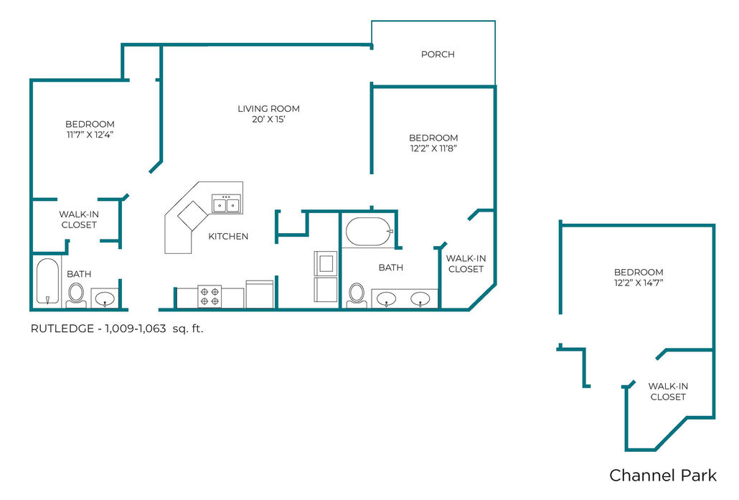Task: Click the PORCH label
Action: [x=438, y=55]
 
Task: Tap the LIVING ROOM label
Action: [x=268, y=108]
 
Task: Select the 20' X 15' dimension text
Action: [x=268, y=119]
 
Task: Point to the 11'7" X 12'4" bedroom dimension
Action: [x=90, y=135]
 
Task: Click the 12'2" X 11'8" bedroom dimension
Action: [x=433, y=148]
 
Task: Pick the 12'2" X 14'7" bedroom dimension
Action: [x=639, y=283]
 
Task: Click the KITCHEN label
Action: [x=228, y=236]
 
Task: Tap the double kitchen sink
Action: [x=226, y=204]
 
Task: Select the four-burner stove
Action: [x=210, y=296]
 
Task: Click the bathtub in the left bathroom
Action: [x=47, y=281]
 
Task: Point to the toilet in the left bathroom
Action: [x=76, y=295]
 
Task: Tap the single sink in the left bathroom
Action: [x=105, y=298]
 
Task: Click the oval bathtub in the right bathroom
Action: [x=369, y=232]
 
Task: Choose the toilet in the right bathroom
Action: [x=357, y=295]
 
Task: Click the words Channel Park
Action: [x=663, y=475]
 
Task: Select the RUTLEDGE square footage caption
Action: [x=117, y=329]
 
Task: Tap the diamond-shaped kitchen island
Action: [x=192, y=215]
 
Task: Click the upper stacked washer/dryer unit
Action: [x=326, y=263]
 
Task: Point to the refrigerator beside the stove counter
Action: [x=260, y=295]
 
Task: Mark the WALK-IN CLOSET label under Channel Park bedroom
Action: [x=668, y=392]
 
